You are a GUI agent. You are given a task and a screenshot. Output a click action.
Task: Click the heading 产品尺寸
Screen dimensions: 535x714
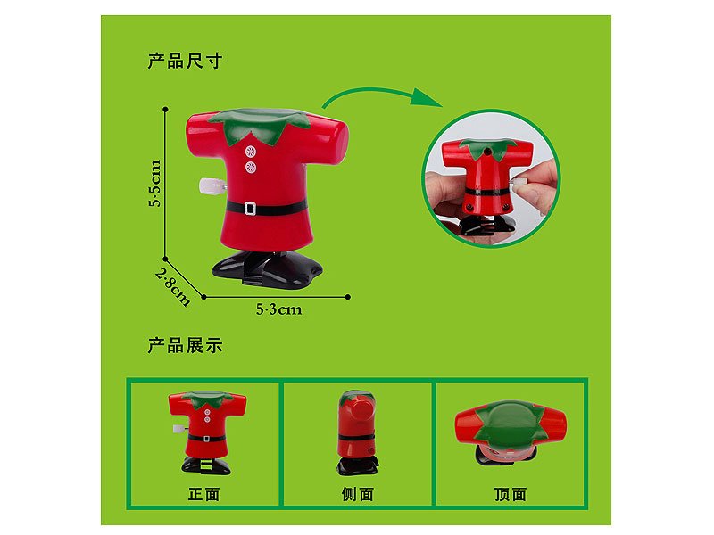pos(185,62)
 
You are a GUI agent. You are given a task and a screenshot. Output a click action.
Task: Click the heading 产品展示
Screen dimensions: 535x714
pos(185,345)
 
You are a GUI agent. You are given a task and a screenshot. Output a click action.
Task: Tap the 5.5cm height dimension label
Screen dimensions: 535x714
pos(155,184)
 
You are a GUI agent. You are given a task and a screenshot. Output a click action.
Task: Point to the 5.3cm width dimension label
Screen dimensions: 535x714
pos(278,309)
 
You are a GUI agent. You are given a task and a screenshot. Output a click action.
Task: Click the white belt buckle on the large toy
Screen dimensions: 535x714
pos(252,207)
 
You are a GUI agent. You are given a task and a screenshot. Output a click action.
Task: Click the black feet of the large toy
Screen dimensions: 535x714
pos(265,265)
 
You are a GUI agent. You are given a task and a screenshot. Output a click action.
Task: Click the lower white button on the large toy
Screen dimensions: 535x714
pos(251,167)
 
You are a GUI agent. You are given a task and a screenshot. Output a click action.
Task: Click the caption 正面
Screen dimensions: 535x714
pos(204,494)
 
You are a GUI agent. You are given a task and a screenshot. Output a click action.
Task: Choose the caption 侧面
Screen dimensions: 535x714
pos(358,494)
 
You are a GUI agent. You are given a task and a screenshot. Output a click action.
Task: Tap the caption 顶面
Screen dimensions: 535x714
pos(511,494)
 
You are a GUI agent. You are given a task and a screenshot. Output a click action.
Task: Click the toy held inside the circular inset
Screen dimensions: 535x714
pos(488,183)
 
